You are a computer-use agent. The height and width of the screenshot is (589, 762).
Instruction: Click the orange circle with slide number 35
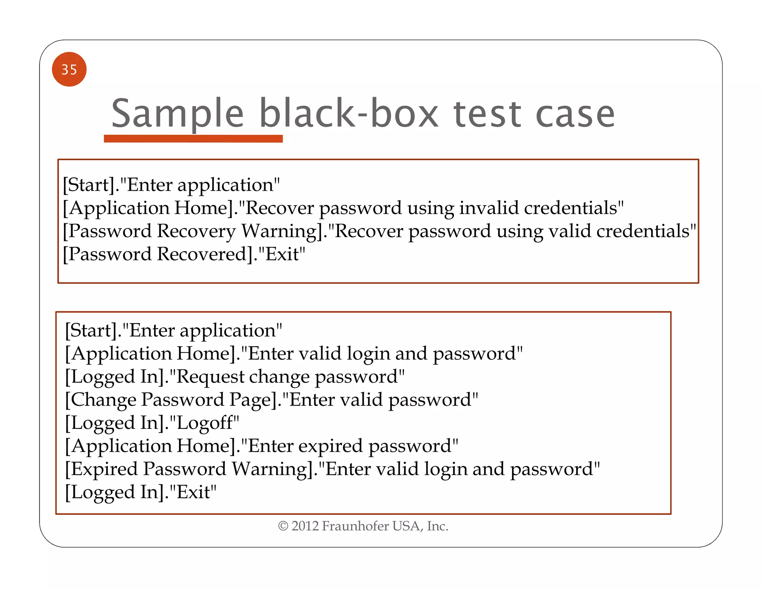pos(69,69)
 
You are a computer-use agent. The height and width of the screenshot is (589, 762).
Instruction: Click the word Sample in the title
pos(177,113)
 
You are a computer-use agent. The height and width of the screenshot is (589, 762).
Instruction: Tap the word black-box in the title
pos(349,113)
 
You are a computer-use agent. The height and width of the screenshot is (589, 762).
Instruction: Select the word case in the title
pos(575,114)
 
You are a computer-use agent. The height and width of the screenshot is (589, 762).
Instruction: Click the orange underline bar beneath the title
pos(193,139)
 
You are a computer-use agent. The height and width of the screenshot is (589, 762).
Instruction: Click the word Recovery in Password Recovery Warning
pos(196,231)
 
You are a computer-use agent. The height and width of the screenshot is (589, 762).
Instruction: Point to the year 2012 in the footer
pos(305,526)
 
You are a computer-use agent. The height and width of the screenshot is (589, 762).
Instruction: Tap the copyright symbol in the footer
pos(283,526)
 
